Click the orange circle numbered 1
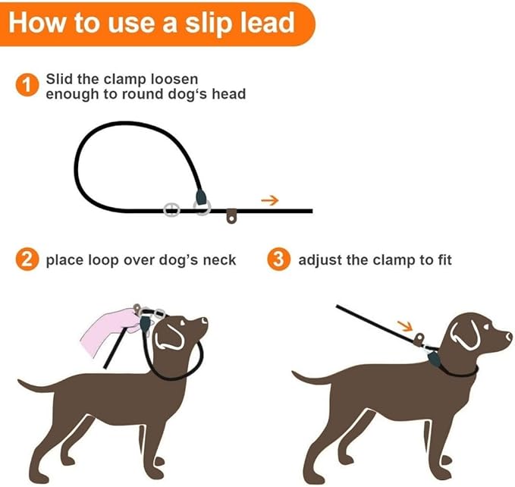coord(27,86)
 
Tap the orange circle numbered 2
coord(27,260)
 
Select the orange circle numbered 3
coord(279,260)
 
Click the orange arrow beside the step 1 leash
coord(269,200)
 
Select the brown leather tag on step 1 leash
coord(232,218)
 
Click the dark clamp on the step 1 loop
coord(202,199)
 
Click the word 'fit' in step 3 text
coord(442,260)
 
